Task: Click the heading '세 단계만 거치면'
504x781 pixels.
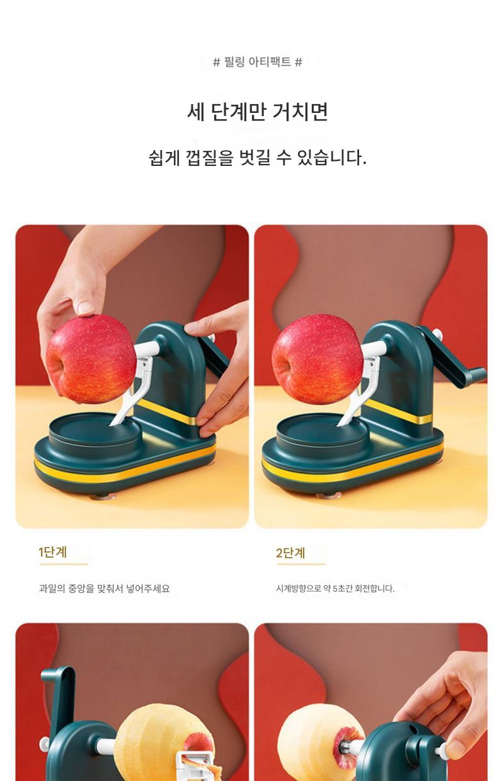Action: pos(258,112)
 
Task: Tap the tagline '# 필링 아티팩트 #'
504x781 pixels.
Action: pos(258,62)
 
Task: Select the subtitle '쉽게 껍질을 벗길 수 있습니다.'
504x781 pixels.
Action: pos(258,158)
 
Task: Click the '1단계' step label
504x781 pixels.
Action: pos(52,551)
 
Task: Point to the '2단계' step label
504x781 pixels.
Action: pos(290,553)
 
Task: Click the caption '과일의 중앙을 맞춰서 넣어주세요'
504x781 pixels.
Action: pos(105,589)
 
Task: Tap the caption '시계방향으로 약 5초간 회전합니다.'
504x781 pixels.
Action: pos(335,589)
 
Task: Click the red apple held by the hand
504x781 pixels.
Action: pos(91,359)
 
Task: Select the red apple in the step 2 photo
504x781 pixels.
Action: pos(316,359)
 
